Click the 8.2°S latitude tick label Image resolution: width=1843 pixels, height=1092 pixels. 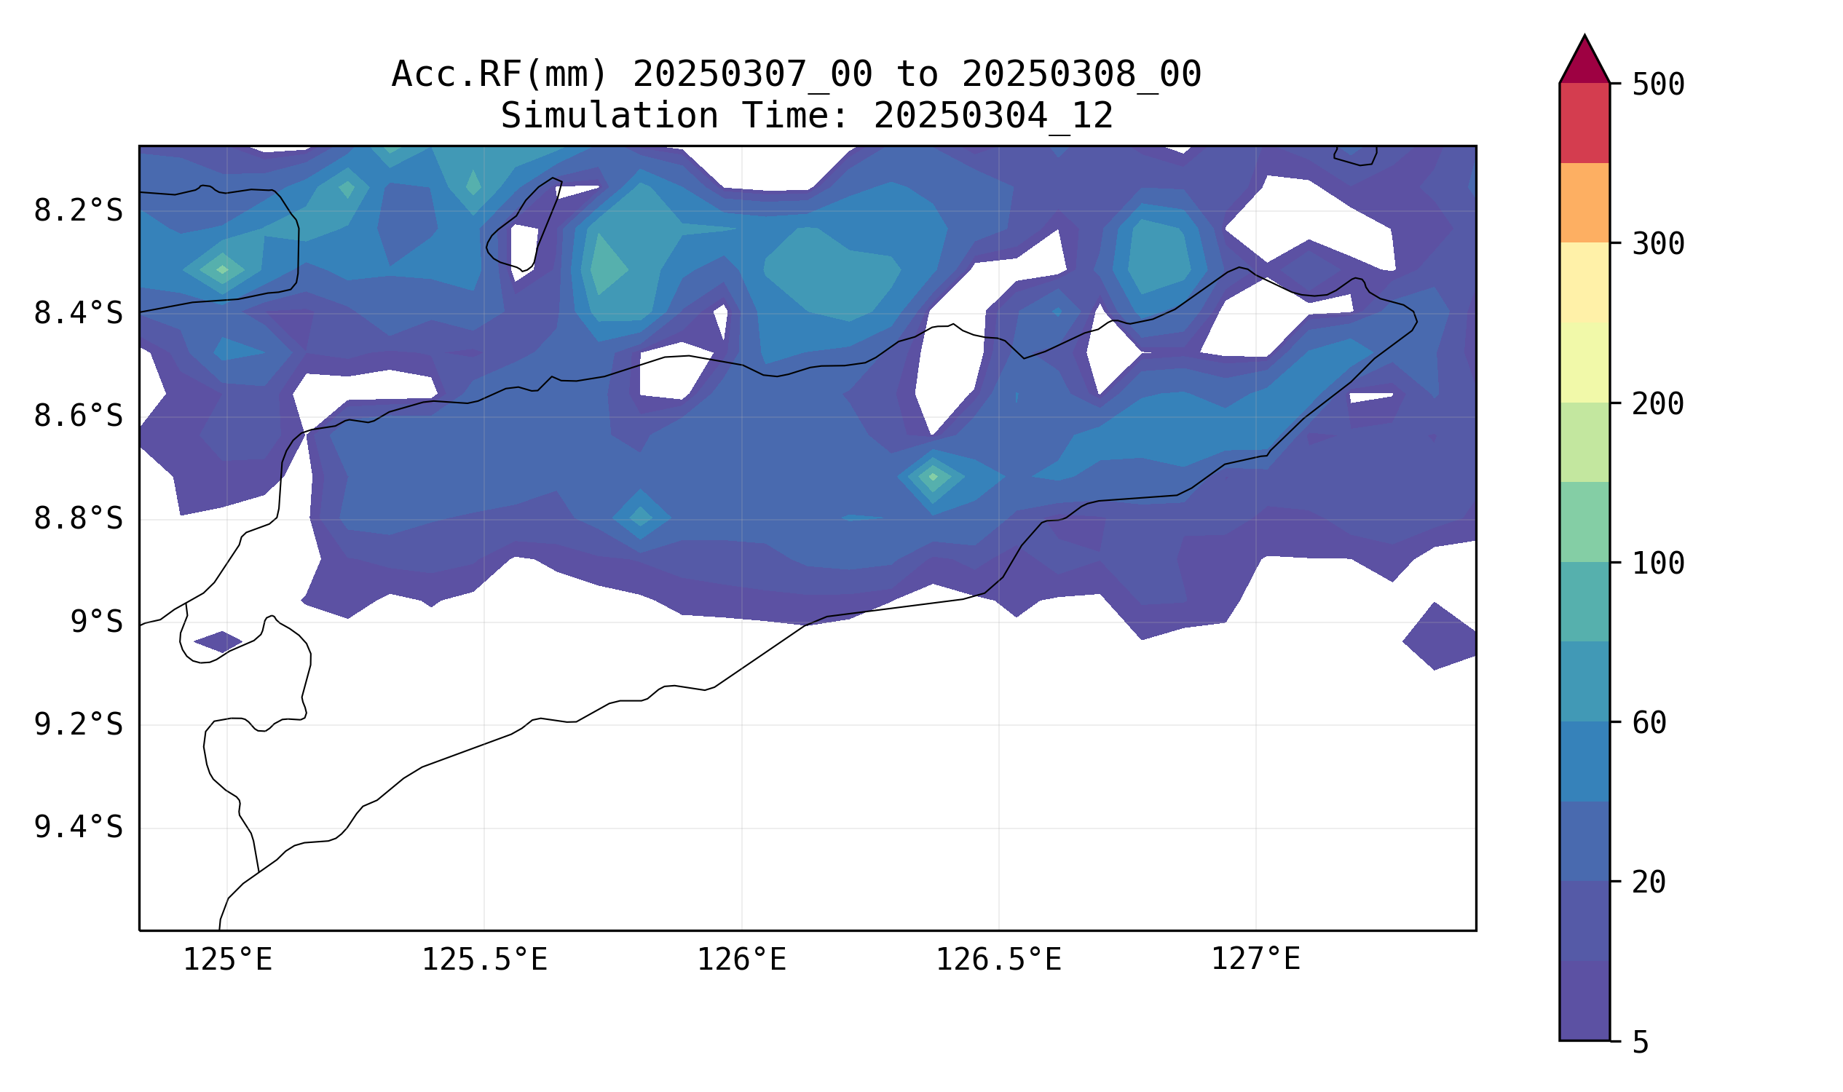click(x=78, y=211)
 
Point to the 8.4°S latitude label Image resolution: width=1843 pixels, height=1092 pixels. click(x=78, y=314)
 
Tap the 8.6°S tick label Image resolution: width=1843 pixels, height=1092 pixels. click(x=78, y=416)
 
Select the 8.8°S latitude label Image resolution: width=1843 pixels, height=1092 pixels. click(x=78, y=519)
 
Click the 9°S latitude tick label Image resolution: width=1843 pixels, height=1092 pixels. click(x=96, y=622)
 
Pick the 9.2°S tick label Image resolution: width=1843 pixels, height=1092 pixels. click(x=78, y=725)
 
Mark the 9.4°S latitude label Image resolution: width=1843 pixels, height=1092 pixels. click(x=78, y=827)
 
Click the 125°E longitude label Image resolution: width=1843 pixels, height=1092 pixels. click(x=227, y=960)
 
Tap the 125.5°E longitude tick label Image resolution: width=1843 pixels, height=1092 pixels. click(x=484, y=960)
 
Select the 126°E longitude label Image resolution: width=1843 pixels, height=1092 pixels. click(x=741, y=960)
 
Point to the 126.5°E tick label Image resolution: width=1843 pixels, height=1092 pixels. click(x=998, y=960)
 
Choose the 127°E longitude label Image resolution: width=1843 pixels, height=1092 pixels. click(x=1255, y=960)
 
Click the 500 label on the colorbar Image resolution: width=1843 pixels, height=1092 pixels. click(x=1657, y=84)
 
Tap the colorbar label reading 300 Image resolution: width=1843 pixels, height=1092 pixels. click(x=1657, y=245)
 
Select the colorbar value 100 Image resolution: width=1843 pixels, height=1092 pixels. click(x=1657, y=563)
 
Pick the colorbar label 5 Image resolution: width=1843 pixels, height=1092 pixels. click(x=1641, y=1042)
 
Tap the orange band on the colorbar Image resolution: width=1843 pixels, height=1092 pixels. click(x=1584, y=202)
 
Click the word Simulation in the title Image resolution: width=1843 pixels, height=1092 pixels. click(x=609, y=116)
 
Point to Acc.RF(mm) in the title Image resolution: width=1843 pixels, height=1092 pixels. click(x=500, y=74)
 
